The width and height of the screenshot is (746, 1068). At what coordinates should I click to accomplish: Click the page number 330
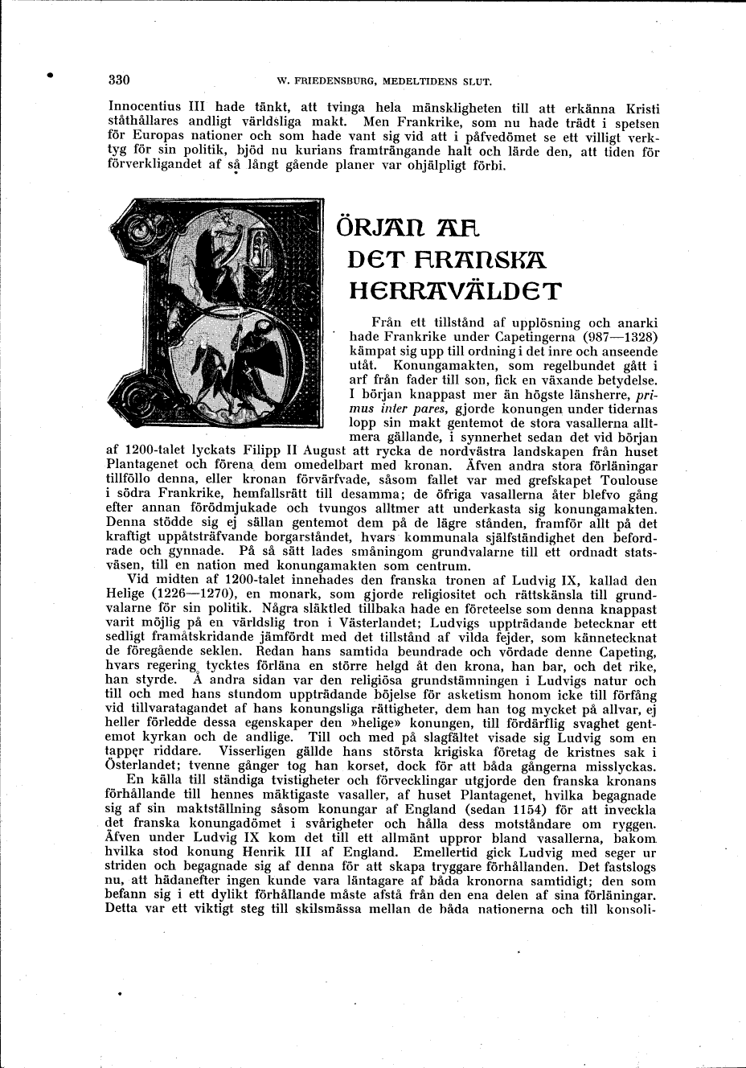pyautogui.click(x=118, y=80)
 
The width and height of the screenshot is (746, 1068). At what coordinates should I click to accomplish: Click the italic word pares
pyautogui.click(x=437, y=409)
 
